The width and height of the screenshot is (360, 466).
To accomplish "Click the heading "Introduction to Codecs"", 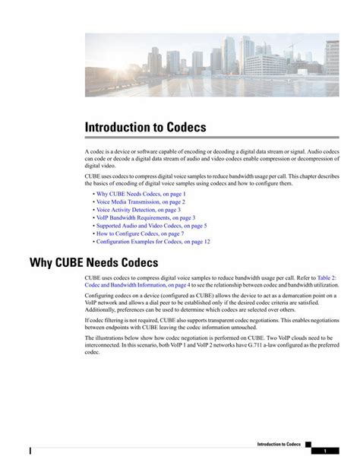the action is click(145, 127).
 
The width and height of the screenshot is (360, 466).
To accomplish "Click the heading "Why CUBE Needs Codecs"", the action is click(93, 263).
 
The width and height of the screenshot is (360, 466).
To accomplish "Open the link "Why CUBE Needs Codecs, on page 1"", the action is click(141, 194).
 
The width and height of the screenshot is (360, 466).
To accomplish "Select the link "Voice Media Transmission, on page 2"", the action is click(141, 202).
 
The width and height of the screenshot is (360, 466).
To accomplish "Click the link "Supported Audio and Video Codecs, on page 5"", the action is click(151, 226).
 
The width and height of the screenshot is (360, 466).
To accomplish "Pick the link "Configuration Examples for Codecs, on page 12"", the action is click(153, 242).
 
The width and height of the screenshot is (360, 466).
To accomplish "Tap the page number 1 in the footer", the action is click(324, 451).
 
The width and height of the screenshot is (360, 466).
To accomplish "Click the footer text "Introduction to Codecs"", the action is click(279, 443).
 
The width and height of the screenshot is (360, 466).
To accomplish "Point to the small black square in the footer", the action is click(308, 443).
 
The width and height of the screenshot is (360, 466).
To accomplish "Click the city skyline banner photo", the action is click(212, 65).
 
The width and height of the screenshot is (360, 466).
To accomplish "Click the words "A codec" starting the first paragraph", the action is click(95, 152).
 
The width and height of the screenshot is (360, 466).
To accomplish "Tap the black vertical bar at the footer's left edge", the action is click(30, 451).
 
